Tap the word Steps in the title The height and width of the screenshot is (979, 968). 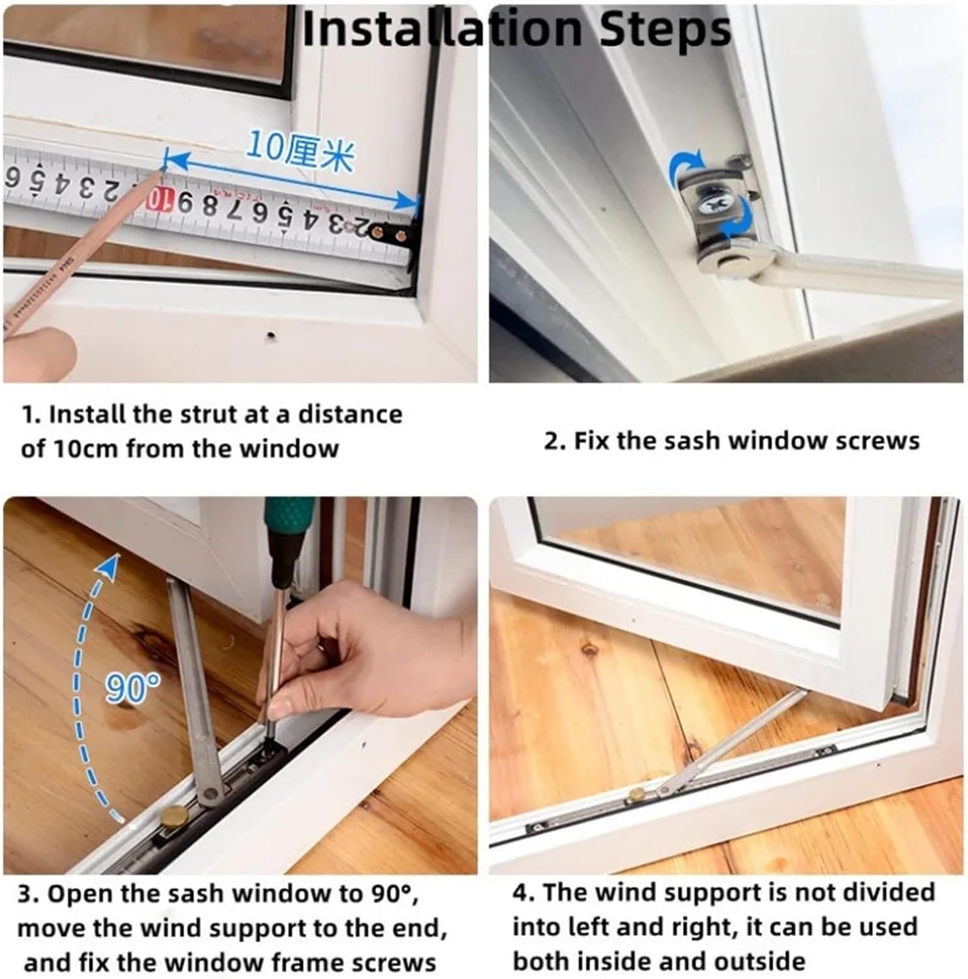coord(665,29)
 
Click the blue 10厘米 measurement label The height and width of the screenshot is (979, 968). coord(300,154)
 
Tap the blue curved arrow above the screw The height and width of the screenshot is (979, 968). coord(686,167)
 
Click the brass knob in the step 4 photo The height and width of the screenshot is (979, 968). coord(634,794)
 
